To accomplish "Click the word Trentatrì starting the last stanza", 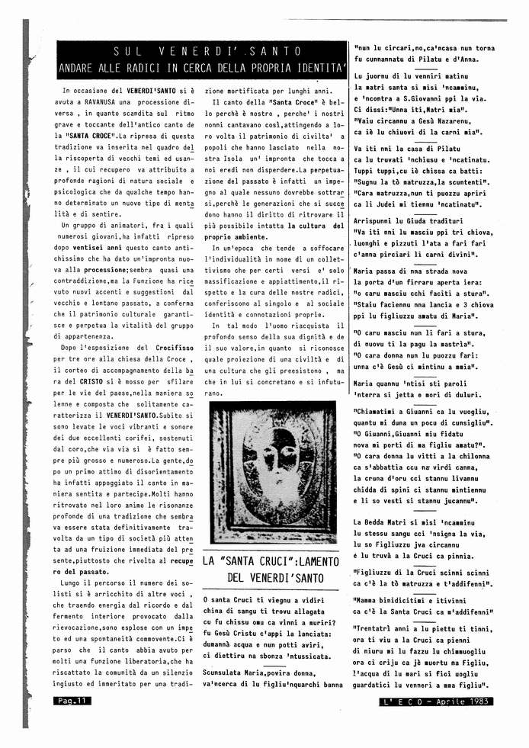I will (377, 629).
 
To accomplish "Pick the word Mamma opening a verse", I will (372, 600).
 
